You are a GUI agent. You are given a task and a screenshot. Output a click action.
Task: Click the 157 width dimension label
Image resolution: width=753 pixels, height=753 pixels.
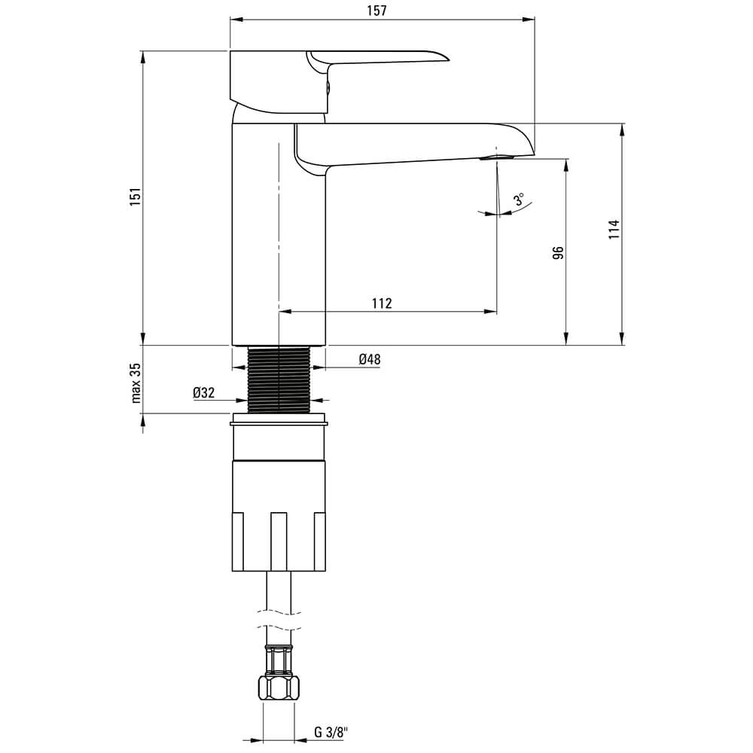(376, 11)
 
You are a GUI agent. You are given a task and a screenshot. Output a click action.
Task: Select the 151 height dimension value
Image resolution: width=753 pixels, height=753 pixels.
(136, 197)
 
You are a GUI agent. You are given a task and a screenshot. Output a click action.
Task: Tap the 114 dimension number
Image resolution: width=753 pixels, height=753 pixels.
(614, 230)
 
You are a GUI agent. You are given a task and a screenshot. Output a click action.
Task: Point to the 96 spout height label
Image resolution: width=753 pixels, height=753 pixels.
(558, 253)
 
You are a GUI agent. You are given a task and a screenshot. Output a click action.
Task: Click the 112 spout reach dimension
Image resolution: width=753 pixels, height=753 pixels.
(382, 303)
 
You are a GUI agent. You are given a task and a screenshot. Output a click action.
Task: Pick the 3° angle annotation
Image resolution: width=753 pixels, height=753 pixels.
(519, 199)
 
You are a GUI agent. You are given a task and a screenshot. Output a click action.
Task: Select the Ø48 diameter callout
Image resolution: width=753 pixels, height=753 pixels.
(369, 358)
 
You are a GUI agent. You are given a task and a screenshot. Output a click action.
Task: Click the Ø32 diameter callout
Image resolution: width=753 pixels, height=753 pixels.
(203, 393)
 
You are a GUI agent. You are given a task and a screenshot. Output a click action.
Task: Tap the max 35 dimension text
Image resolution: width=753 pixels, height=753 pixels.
(136, 383)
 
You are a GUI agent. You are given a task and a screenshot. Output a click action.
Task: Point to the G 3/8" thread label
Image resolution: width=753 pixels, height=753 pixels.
(331, 733)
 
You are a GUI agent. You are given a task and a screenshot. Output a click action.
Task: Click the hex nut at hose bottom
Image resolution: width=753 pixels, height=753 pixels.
(279, 687)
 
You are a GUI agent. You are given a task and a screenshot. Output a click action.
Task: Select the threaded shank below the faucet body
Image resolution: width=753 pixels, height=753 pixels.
(279, 379)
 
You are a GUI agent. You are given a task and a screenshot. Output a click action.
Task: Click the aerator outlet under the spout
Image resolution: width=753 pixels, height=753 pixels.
(497, 157)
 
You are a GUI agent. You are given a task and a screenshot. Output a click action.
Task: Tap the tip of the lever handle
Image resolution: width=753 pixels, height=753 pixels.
(449, 60)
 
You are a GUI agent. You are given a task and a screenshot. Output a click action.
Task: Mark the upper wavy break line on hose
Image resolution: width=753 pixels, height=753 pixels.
(279, 611)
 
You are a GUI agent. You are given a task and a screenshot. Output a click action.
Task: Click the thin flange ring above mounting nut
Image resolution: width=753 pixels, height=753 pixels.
(279, 423)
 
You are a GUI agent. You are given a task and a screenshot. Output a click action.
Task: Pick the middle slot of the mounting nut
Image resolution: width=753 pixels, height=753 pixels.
(279, 541)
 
